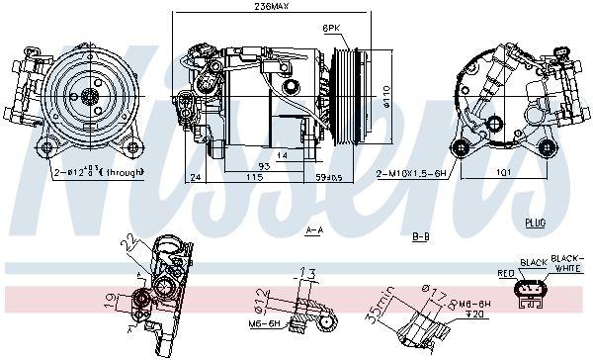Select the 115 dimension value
coord(254,177)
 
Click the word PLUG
coord(535,224)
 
